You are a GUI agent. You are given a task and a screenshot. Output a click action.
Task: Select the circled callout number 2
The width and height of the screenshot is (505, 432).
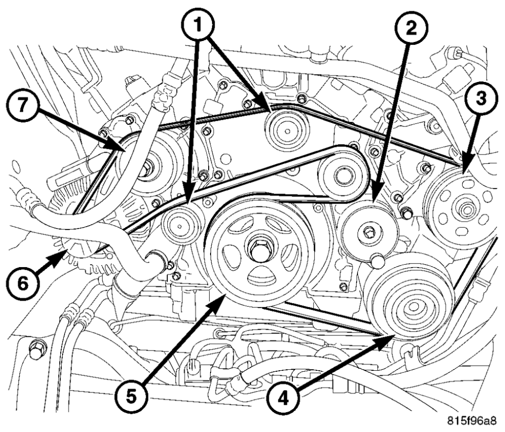[409, 28]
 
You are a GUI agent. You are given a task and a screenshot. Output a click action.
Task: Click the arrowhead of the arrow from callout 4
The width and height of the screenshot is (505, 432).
[393, 336]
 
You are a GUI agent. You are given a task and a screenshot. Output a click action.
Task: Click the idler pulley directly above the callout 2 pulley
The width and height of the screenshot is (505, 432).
[341, 174]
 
